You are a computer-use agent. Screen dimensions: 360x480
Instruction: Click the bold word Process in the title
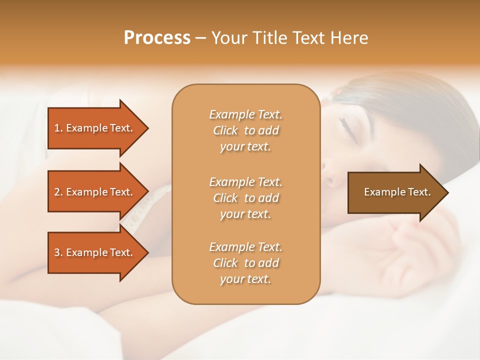click(157, 38)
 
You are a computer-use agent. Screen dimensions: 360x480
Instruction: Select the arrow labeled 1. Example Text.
click(95, 128)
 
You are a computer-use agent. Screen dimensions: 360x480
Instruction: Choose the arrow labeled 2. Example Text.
click(95, 192)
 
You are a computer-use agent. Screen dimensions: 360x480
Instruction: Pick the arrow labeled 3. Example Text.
click(95, 252)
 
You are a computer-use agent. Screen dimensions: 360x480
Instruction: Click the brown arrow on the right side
click(395, 192)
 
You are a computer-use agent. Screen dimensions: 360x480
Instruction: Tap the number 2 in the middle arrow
click(57, 192)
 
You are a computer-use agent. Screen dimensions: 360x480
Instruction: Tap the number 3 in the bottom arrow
click(57, 252)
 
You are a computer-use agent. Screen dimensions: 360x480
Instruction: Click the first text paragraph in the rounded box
click(245, 130)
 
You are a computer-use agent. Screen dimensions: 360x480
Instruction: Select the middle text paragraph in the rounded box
click(245, 197)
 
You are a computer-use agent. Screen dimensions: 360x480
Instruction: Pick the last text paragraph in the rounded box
click(245, 263)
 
